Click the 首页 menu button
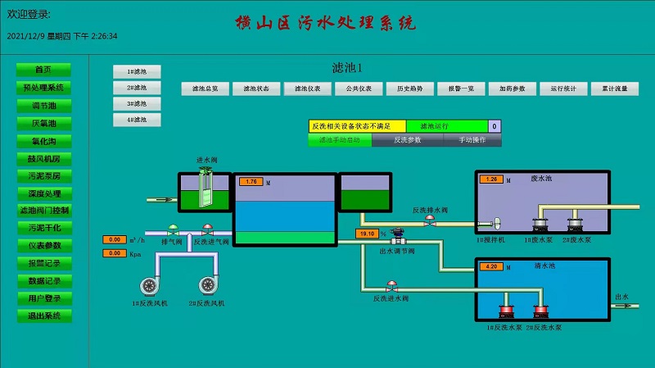[x=43, y=70]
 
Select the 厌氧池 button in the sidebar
[x=43, y=123]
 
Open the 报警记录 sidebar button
[x=43, y=263]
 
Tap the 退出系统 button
[x=43, y=316]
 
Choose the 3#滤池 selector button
[x=137, y=104]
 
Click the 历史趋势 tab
[x=409, y=89]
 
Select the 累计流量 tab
[x=615, y=89]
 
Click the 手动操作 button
[x=467, y=140]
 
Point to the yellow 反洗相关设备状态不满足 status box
[x=357, y=126]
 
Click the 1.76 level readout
[x=251, y=181]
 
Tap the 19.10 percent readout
[x=366, y=234]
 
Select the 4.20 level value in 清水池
[x=493, y=266]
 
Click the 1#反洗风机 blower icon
[x=150, y=285]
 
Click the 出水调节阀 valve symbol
[x=399, y=235]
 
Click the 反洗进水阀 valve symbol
[x=392, y=287]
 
